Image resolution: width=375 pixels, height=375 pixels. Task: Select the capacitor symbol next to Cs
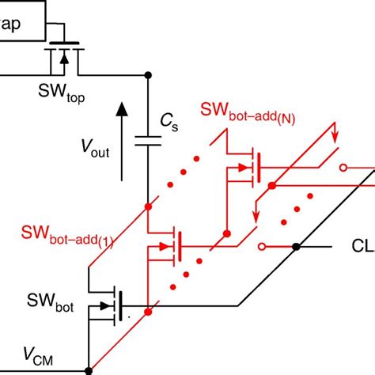(x=149, y=140)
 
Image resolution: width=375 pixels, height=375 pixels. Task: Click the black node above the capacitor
(x=149, y=76)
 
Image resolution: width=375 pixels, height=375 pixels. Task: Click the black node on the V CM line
(x=88, y=369)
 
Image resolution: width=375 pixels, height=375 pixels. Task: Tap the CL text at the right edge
(x=362, y=247)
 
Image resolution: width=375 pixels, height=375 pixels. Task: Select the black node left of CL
(x=296, y=247)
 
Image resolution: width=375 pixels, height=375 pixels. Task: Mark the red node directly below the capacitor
(x=149, y=207)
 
